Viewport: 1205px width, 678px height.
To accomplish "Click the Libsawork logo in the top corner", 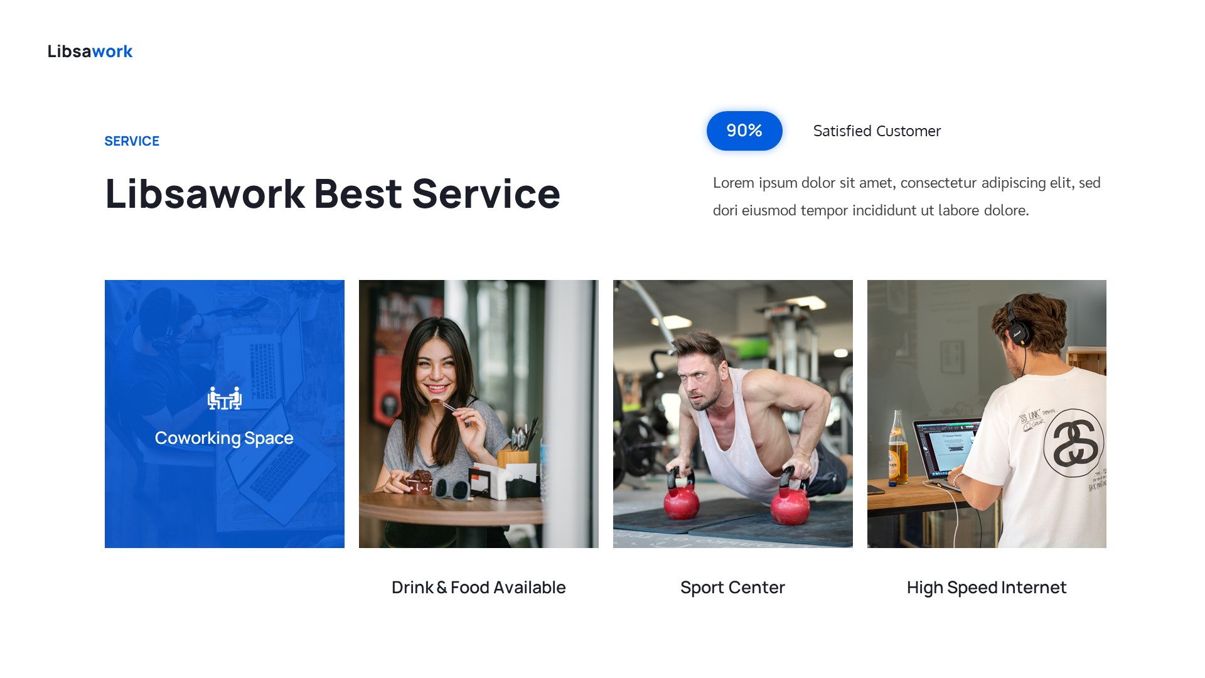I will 90,51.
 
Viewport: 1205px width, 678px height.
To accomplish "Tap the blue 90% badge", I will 744,131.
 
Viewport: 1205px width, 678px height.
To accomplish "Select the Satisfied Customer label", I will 877,131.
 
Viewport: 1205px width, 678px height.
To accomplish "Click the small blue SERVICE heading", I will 132,141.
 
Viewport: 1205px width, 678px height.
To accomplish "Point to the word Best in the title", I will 357,194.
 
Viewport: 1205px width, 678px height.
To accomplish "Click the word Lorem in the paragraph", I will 733,183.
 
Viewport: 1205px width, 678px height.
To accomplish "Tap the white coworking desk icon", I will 225,399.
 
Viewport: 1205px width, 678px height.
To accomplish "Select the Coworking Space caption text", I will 224,438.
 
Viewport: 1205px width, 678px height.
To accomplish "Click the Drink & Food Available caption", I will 478,588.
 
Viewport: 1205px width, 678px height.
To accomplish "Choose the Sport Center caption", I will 732,588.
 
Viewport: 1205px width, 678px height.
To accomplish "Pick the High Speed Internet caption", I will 986,588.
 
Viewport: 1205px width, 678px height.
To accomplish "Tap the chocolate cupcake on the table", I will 419,481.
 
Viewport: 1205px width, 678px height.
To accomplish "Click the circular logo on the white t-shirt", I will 1074,443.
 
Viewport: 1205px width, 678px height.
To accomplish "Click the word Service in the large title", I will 486,194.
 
